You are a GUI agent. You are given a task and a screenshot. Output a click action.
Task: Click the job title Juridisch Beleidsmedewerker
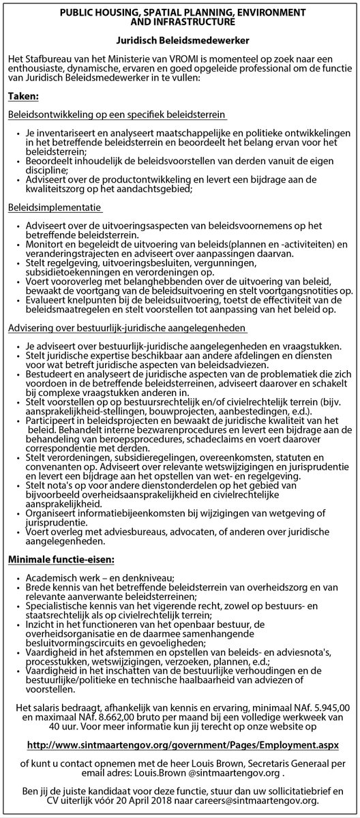pyautogui.click(x=181, y=41)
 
